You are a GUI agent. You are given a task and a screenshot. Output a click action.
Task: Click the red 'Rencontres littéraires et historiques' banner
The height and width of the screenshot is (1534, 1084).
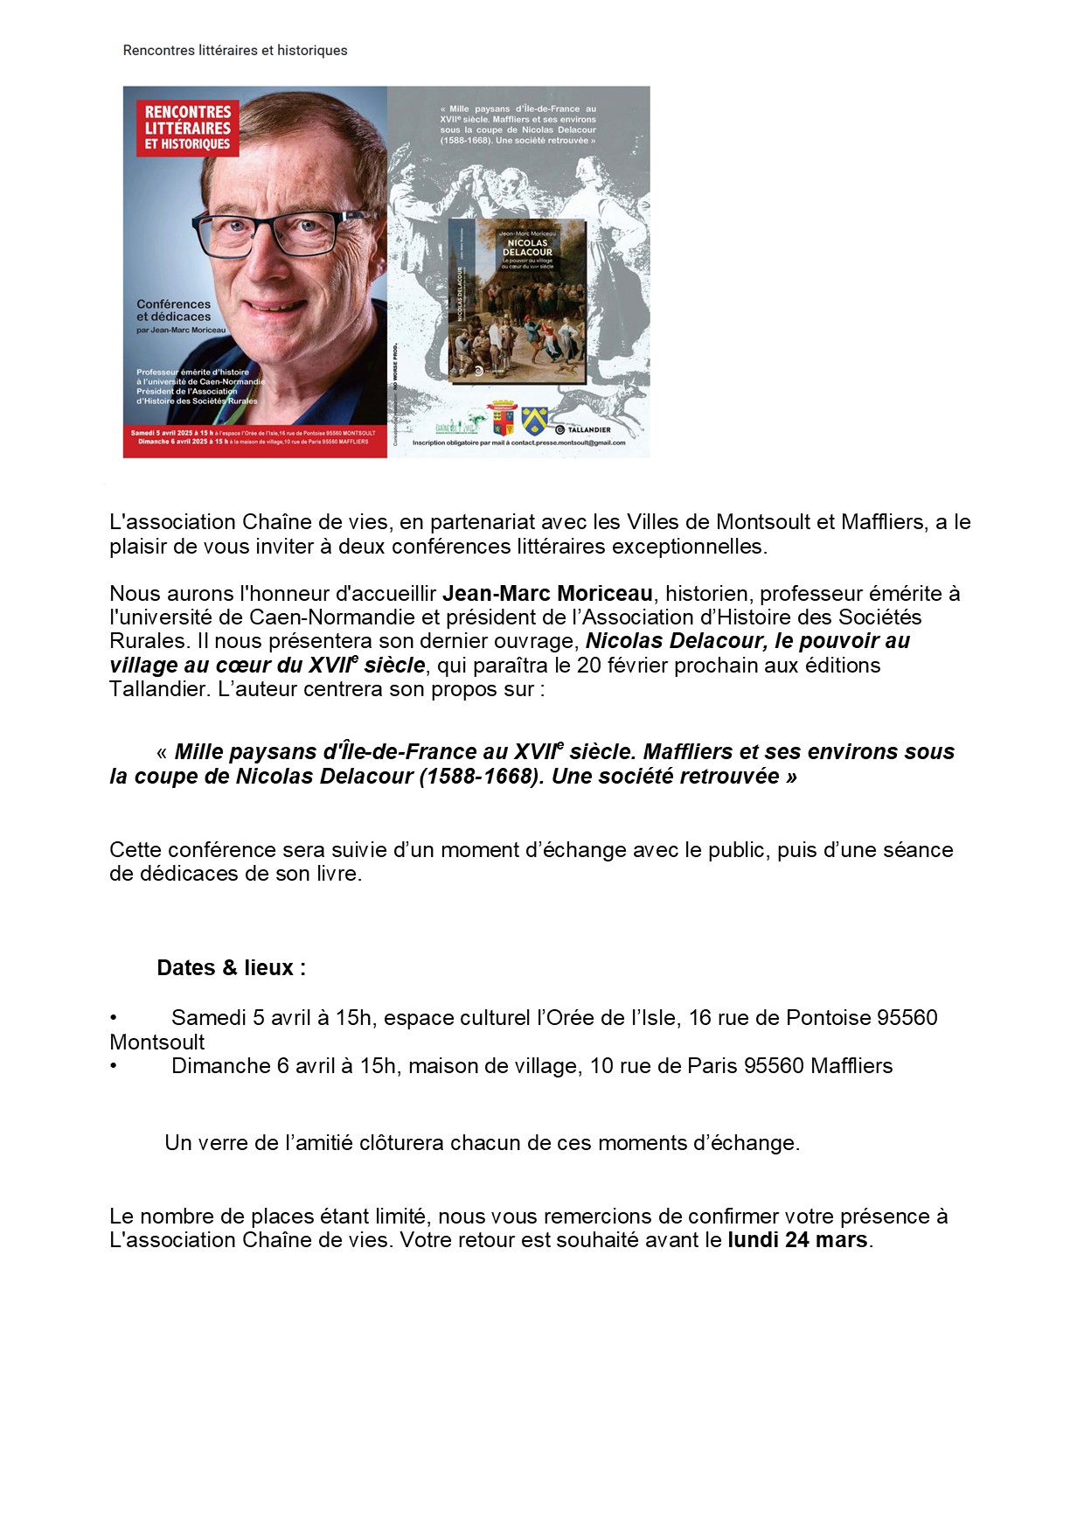click(188, 128)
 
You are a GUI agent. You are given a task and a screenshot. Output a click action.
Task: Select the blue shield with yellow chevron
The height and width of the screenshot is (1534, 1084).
click(534, 421)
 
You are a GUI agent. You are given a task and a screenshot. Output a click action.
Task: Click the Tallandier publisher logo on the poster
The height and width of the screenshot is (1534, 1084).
click(583, 429)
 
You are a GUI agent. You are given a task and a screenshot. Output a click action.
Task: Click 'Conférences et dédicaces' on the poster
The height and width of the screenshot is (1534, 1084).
click(173, 310)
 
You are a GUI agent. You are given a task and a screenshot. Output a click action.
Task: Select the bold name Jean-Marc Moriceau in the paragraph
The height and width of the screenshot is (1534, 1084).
click(547, 594)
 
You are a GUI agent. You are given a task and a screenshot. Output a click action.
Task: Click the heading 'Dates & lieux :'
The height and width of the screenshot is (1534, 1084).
click(231, 968)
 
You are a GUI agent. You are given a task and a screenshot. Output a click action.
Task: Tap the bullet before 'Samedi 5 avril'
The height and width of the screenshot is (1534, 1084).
click(114, 1018)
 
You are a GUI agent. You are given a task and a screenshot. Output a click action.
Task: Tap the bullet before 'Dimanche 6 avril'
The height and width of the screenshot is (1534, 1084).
click(114, 1066)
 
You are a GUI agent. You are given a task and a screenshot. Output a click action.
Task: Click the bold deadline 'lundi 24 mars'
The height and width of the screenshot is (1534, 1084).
click(797, 1240)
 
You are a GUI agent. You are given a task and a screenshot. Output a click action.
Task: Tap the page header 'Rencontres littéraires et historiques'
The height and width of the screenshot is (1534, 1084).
click(235, 51)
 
